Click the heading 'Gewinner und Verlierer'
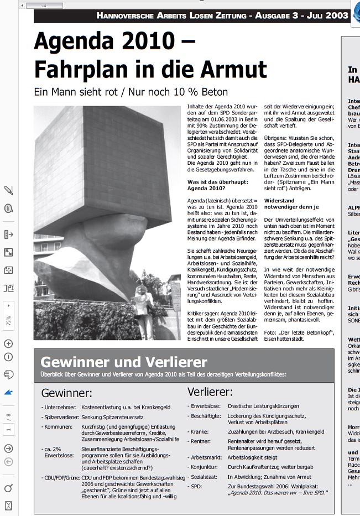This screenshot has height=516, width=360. (124, 362)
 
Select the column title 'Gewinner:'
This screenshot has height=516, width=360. (66, 393)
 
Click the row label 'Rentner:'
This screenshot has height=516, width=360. (200, 441)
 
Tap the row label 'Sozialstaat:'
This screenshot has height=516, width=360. (203, 476)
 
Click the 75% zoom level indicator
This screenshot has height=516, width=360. (8, 320)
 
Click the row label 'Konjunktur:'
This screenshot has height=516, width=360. (203, 468)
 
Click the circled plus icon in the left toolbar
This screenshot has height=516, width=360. (8, 343)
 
